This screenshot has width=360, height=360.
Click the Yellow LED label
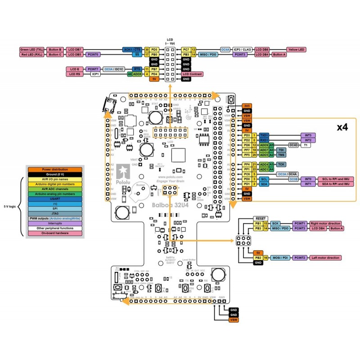296,49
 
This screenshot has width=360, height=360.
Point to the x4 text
342,127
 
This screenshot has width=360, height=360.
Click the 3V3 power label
247,106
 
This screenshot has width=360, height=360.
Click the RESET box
261,218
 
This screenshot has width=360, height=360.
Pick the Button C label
54,54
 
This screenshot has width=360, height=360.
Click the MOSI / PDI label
279,258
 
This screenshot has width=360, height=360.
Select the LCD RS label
74,74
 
